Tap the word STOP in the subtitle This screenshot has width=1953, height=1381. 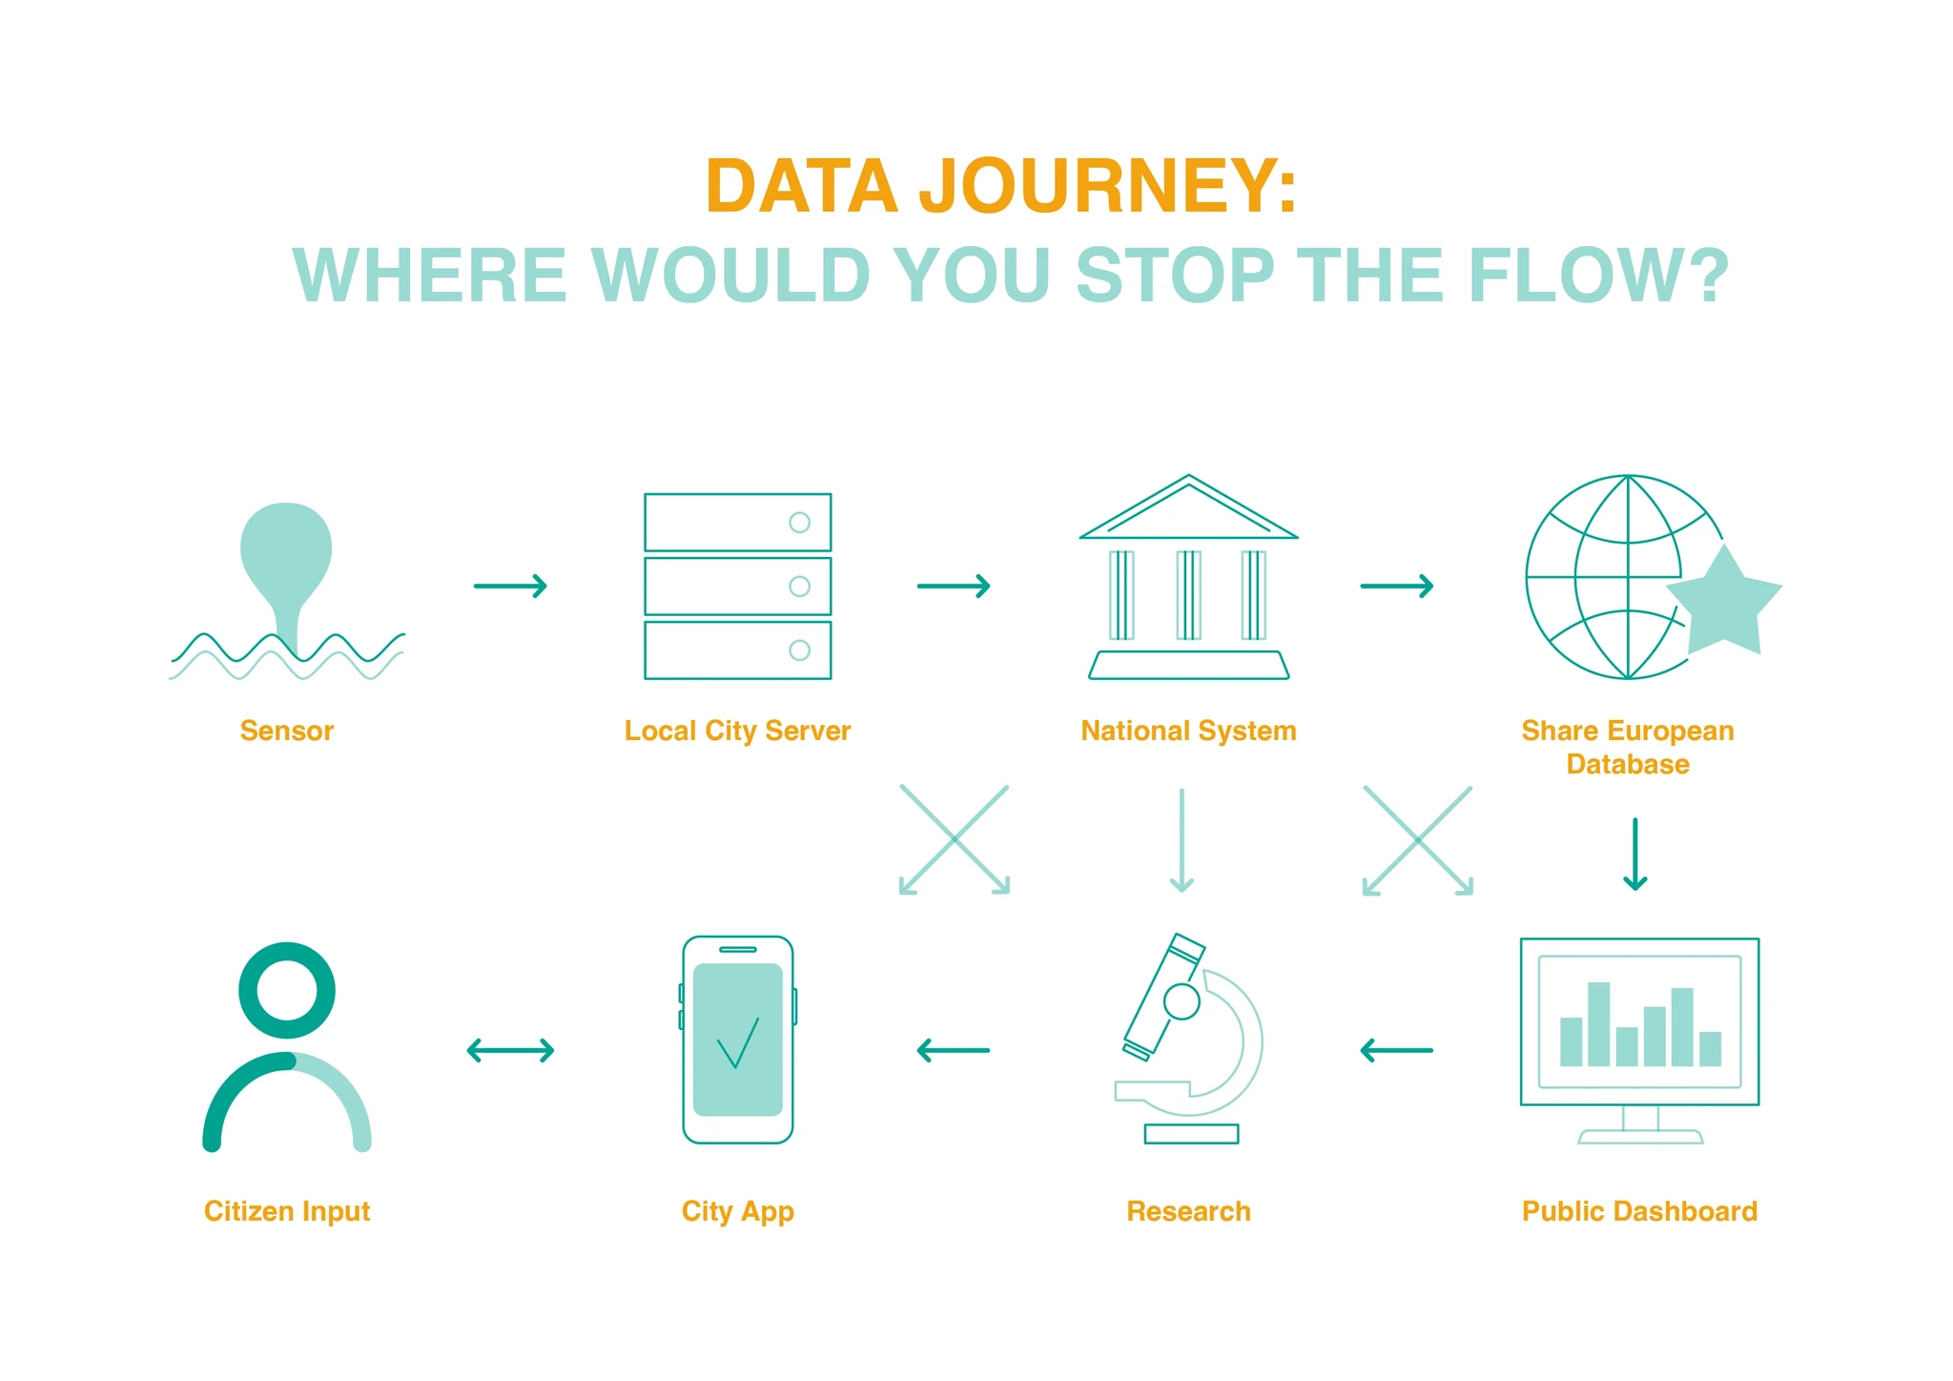[x=1176, y=276]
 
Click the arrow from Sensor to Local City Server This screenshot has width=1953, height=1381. [x=510, y=586]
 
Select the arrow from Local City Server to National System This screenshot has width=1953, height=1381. [x=954, y=586]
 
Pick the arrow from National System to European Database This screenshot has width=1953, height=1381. [x=1397, y=586]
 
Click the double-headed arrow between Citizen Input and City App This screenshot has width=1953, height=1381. [x=510, y=1051]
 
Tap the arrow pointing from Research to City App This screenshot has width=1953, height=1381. [x=954, y=1051]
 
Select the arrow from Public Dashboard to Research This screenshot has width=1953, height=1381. [x=1396, y=1051]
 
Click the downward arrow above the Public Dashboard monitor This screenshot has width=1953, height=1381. [x=1635, y=855]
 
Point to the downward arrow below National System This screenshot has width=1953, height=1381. [x=1182, y=840]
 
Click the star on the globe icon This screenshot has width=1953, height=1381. [x=1724, y=604]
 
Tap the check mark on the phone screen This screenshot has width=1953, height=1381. [x=738, y=1042]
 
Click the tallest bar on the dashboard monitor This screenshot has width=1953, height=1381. [x=1599, y=1024]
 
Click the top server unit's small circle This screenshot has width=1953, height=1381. [x=800, y=523]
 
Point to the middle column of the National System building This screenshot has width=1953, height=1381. [x=1188, y=595]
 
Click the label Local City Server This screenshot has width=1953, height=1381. [x=737, y=732]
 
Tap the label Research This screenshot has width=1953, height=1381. [x=1188, y=1211]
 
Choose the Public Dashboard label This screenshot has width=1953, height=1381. [x=1639, y=1211]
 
